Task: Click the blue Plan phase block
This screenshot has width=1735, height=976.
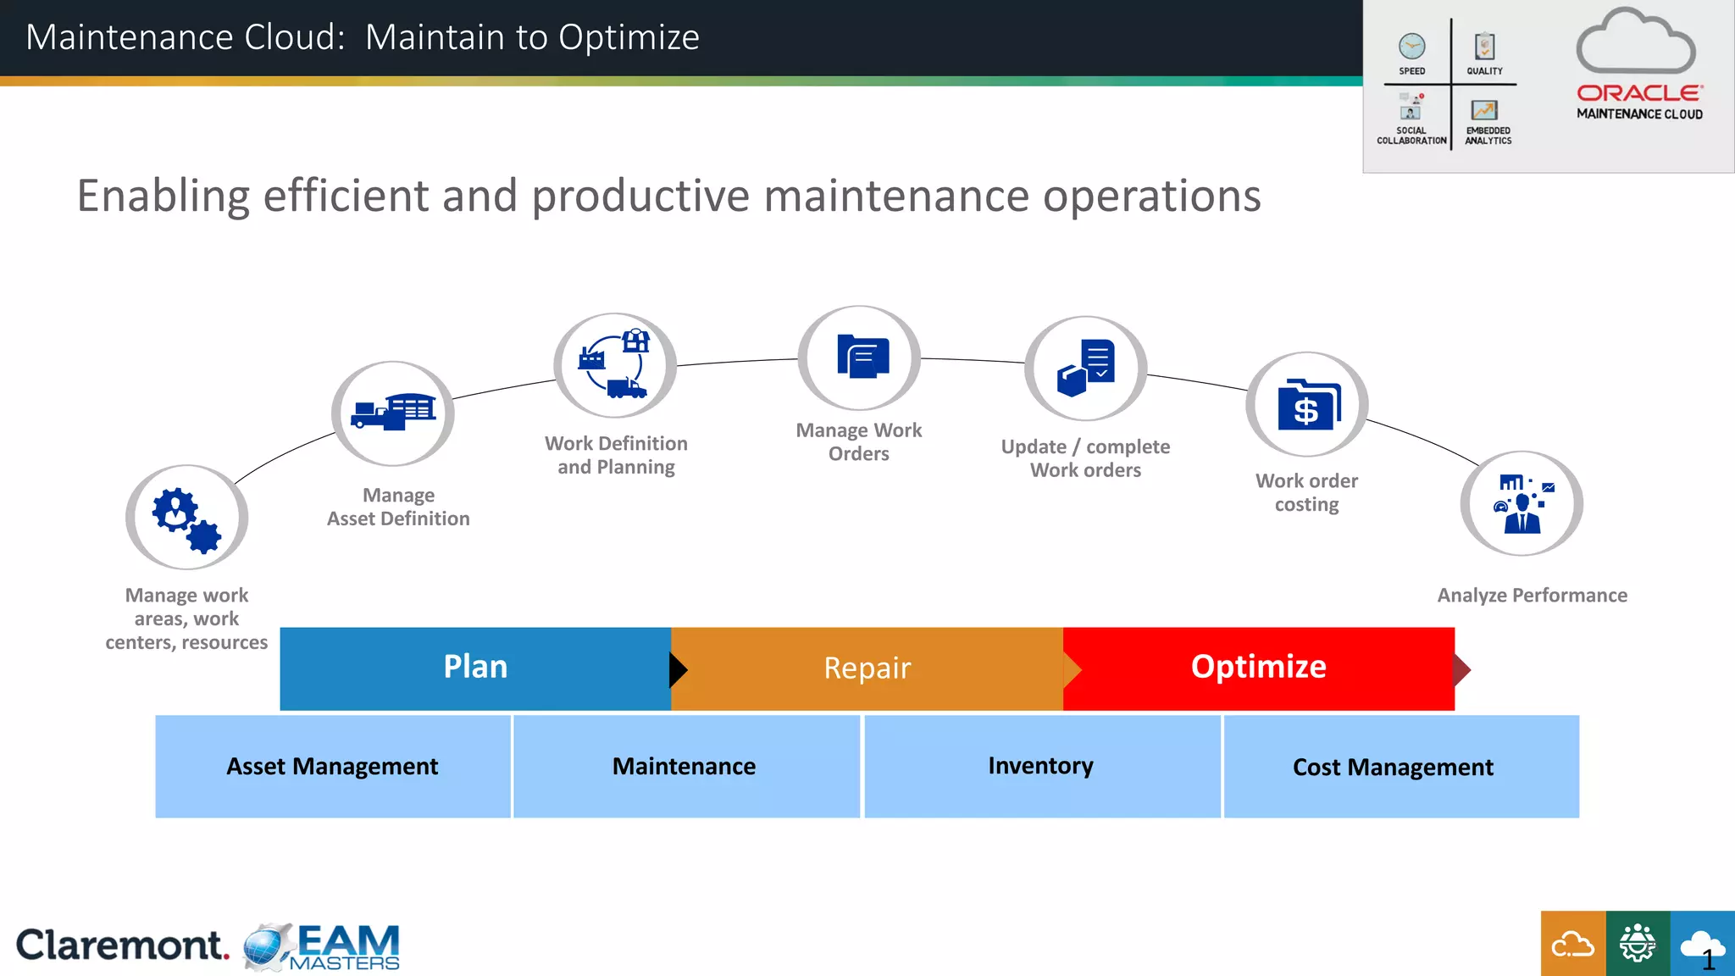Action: [474, 668]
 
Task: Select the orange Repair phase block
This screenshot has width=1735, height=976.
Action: [867, 668]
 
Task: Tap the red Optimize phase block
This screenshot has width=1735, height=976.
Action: [1258, 668]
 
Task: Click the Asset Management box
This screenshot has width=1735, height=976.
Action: [332, 767]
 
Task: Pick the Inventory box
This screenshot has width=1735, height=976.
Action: [1041, 767]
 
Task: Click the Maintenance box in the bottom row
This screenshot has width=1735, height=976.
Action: [685, 767]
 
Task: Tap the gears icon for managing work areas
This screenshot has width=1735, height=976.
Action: [186, 518]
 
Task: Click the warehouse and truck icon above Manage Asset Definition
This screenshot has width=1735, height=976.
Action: [393, 413]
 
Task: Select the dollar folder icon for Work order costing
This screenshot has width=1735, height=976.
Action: [1307, 405]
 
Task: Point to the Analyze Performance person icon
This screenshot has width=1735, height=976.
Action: [1522, 504]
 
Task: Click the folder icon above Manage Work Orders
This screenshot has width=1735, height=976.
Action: [860, 358]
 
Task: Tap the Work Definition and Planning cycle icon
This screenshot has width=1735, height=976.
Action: [615, 365]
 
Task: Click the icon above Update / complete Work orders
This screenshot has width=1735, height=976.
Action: [1086, 369]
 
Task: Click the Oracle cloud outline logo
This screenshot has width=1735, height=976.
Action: [1635, 42]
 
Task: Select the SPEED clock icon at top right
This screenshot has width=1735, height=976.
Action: [1411, 47]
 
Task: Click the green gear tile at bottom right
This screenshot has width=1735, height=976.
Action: [1638, 943]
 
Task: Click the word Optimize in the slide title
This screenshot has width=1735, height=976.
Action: [629, 38]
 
